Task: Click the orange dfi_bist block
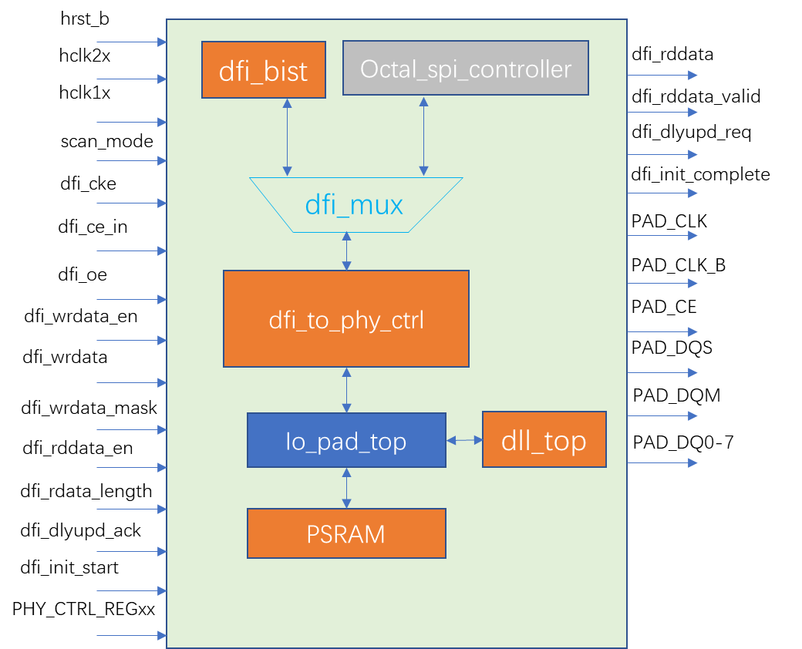[264, 69]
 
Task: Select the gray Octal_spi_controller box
[466, 68]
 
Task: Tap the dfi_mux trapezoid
[356, 204]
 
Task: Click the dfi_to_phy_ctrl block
[346, 318]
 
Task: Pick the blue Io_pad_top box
[346, 440]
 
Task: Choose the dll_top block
[544, 439]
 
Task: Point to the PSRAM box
[346, 533]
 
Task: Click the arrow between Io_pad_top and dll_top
[464, 440]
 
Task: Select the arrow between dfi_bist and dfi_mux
[288, 137]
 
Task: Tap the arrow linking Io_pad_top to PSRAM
[346, 488]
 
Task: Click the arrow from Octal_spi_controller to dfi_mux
[423, 136]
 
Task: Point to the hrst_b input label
[85, 19]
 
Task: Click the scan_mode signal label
[107, 141]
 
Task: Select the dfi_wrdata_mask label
[89, 408]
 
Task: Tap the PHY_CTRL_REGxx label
[83, 609]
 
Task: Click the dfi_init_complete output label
[700, 174]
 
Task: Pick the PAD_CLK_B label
[678, 265]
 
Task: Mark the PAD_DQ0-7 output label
[682, 442]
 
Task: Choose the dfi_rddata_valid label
[696, 96]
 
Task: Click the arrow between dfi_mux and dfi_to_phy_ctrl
[346, 251]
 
